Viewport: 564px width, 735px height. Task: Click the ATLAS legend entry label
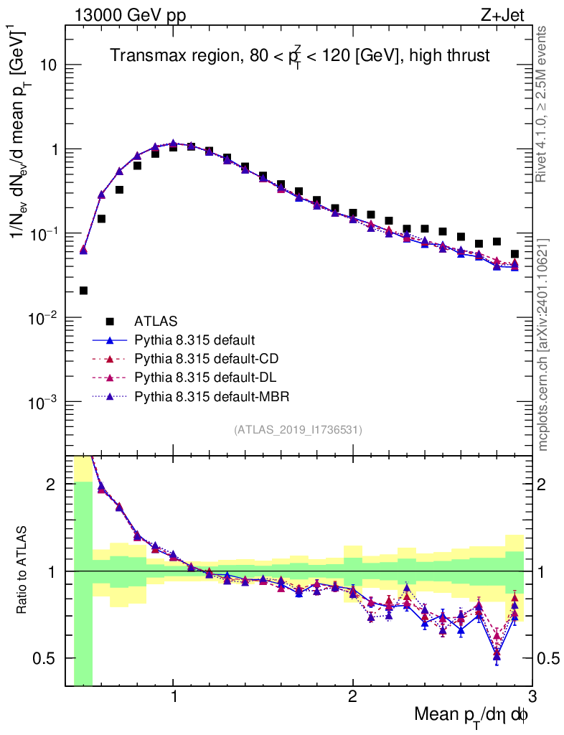coord(156,321)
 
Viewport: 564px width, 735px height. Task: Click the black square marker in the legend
coord(110,321)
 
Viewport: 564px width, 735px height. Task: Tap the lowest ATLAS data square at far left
coord(83,291)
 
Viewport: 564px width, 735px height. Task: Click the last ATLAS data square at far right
coord(514,253)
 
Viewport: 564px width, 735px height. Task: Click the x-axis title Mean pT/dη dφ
coord(472,716)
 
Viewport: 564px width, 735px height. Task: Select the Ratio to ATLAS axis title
coord(23,570)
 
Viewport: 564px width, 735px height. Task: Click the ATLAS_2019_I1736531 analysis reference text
coord(298,430)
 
